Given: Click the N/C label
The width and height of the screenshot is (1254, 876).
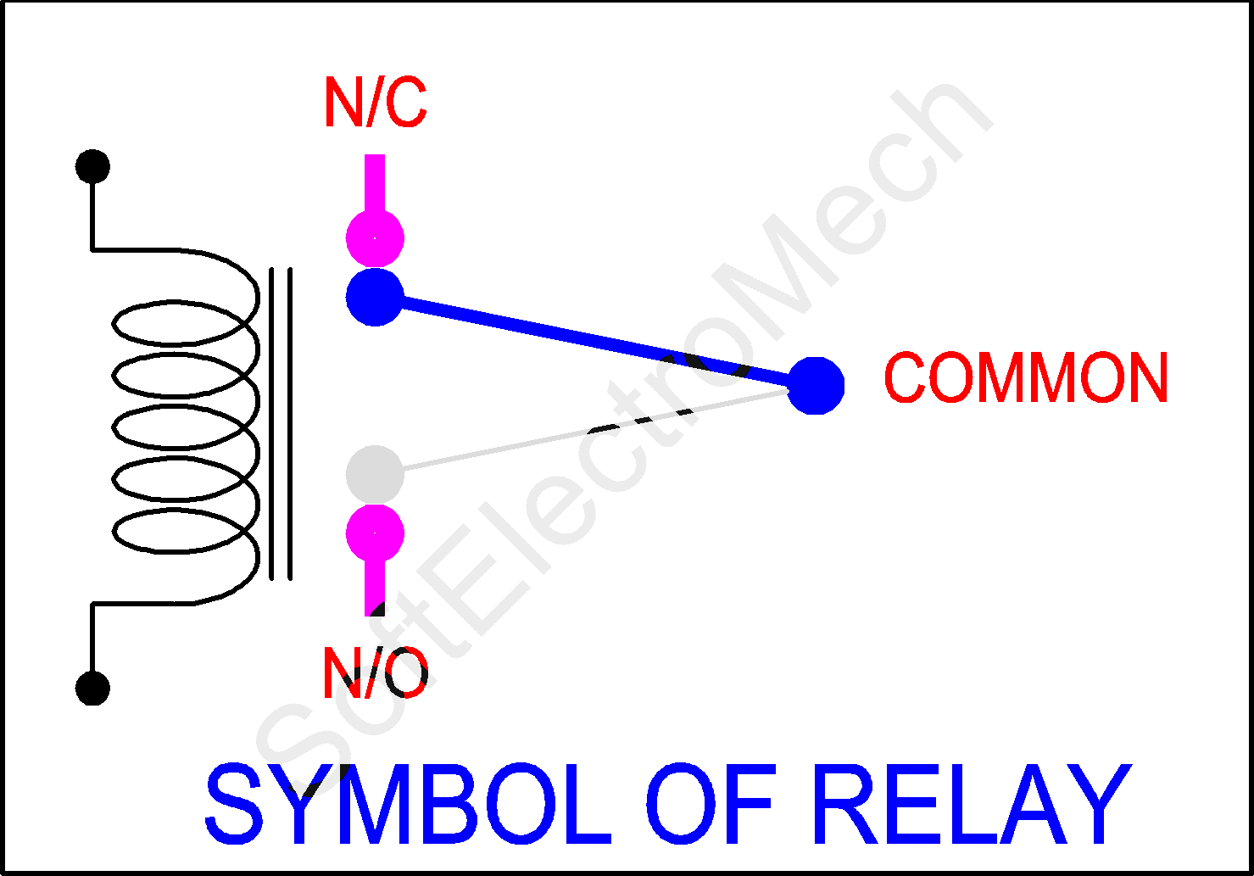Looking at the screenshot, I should coord(375,103).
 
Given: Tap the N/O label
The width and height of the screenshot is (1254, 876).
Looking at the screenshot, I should coord(375,673).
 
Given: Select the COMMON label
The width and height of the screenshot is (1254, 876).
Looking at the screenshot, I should coord(1026,378).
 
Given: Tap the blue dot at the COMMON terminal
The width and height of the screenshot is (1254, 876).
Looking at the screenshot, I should coord(816,386).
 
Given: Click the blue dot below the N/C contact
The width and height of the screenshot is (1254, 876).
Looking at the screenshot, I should coord(375,297).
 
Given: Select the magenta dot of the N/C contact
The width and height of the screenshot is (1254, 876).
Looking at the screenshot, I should coord(375,238).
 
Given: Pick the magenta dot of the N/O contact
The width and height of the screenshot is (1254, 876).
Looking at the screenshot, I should coord(375,534).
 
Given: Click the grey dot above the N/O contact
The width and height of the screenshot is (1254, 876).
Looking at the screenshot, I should coord(375,474).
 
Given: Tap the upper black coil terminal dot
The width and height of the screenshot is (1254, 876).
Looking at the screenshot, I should coord(92,166).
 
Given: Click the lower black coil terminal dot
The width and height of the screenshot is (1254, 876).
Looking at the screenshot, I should coord(92,688).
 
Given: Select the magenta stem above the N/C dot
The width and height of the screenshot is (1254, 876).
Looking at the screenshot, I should coord(375,182).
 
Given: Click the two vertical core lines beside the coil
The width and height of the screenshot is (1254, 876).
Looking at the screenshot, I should coord(281,424).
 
